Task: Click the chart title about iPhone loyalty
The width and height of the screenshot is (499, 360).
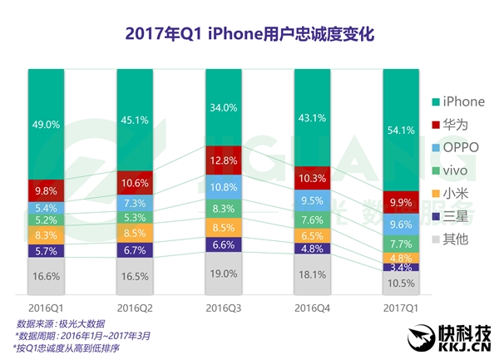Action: point(249,34)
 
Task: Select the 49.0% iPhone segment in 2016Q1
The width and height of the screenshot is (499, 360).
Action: point(46,125)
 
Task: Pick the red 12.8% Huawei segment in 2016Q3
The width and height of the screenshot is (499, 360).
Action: point(223,160)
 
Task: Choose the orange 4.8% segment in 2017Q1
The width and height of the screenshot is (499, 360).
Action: point(400,259)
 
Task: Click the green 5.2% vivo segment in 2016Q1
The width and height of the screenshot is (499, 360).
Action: point(46,221)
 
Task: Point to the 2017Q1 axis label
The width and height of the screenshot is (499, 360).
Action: point(400,308)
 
